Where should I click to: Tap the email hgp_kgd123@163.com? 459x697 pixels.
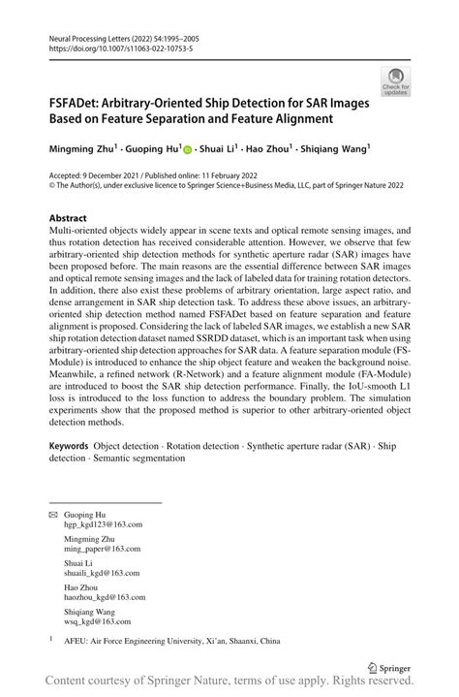click(x=104, y=523)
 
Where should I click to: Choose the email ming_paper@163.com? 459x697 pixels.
click(x=104, y=550)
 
